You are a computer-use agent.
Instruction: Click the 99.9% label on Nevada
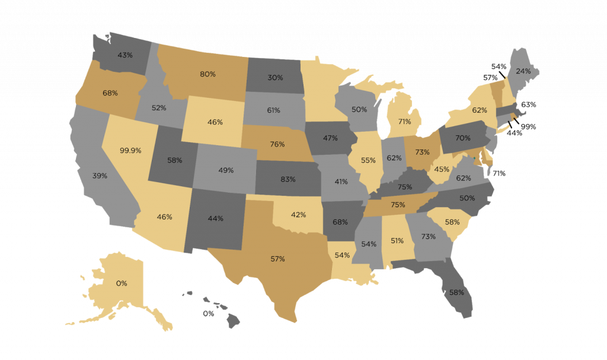[x=130, y=151]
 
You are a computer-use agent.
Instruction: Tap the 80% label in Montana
[x=207, y=75]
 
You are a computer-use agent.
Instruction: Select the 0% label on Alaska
[x=122, y=283]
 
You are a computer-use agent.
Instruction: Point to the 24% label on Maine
[x=523, y=71]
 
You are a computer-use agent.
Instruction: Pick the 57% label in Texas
[x=277, y=259]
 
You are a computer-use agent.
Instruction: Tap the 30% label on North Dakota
[x=274, y=77]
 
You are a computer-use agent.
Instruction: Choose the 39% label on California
[x=100, y=176]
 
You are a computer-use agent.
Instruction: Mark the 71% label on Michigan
[x=405, y=122]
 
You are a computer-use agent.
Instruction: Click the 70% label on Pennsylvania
[x=463, y=138]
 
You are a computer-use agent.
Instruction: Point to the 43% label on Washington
[x=124, y=55]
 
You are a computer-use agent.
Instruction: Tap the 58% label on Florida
[x=456, y=292]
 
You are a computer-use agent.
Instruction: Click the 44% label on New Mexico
[x=216, y=218]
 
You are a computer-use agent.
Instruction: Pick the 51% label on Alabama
[x=397, y=240]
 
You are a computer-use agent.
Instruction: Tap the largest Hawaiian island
[x=232, y=321]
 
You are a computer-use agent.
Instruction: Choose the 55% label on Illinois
[x=368, y=160]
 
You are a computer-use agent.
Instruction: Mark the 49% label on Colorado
[x=226, y=170]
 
